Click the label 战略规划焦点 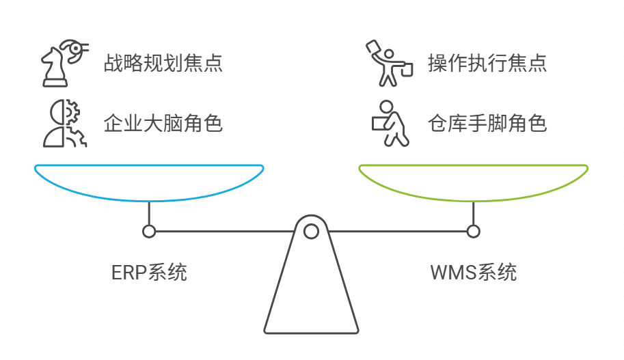[163, 64]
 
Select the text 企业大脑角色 [163, 124]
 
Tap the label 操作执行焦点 [487, 64]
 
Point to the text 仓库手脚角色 [487, 124]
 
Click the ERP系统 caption [149, 273]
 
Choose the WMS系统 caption [473, 273]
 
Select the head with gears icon [61, 124]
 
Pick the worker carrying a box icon [388, 124]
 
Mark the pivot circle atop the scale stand [311, 232]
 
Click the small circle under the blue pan [149, 232]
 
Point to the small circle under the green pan [473, 232]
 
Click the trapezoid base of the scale [311, 294]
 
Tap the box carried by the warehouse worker [379, 122]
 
